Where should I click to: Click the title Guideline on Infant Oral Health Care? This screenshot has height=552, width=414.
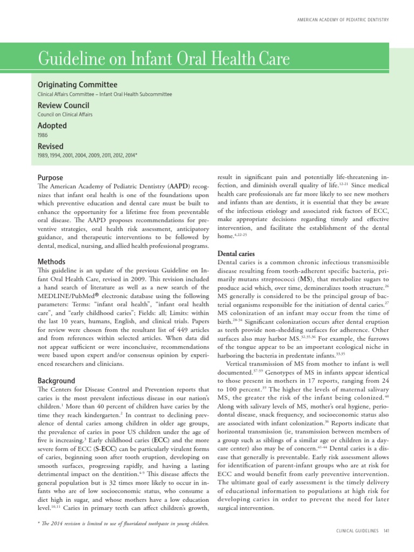[163, 59]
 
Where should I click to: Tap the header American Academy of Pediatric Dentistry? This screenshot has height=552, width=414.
[343, 20]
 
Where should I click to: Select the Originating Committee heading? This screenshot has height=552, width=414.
[77, 85]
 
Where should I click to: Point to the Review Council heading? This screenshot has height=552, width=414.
[63, 105]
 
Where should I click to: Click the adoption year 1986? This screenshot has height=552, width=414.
[43, 135]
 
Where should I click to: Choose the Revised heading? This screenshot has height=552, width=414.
[50, 146]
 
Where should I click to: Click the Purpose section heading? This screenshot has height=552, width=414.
[50, 177]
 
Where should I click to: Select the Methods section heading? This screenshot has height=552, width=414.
[52, 261]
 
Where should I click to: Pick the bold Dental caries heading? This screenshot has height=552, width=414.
[236, 253]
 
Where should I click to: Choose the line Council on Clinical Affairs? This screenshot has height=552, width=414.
[65, 115]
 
